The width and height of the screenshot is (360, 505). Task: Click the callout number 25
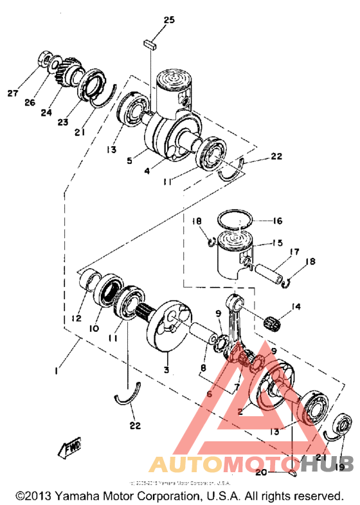pyautogui.click(x=168, y=20)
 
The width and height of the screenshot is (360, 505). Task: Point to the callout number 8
pyautogui.click(x=203, y=370)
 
